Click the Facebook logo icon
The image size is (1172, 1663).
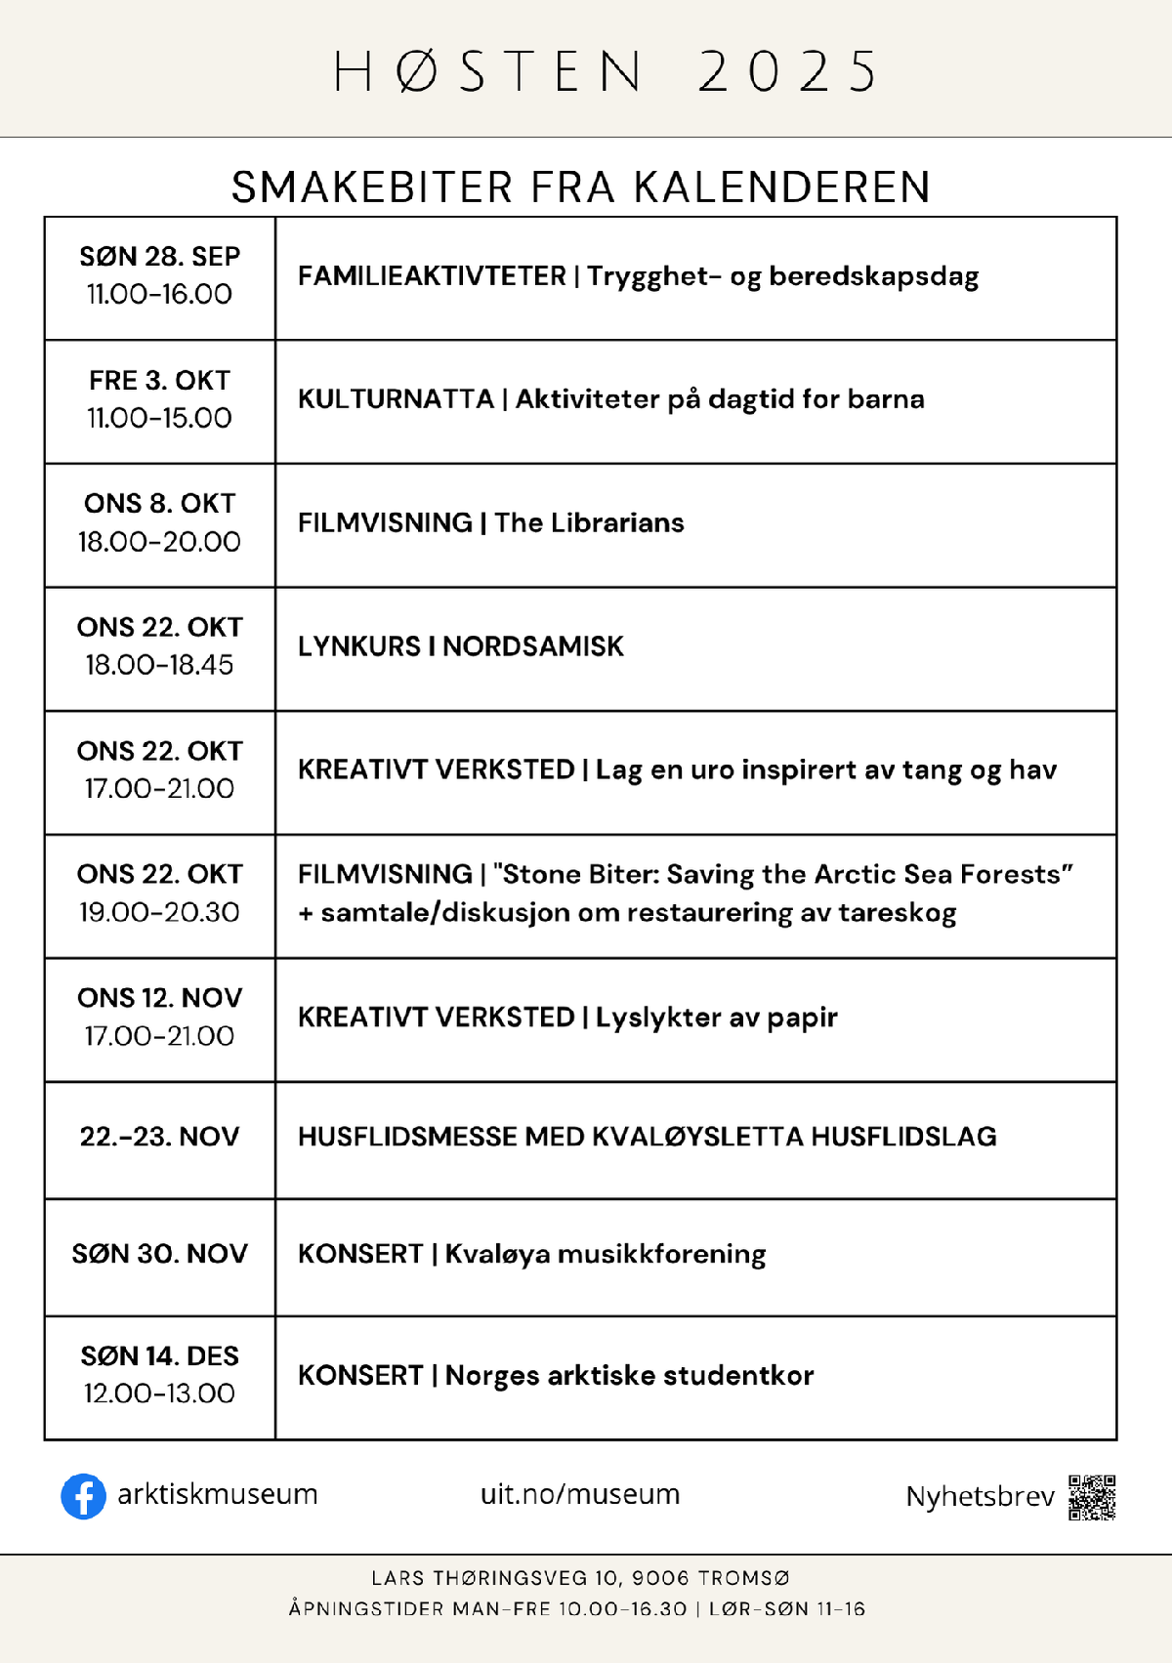[x=83, y=1496]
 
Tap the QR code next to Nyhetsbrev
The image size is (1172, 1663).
[x=1092, y=1498]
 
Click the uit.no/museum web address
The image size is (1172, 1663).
[x=580, y=1494]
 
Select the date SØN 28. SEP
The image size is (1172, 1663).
[x=159, y=257]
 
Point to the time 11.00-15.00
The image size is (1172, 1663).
[x=159, y=418]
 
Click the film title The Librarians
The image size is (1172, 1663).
[x=589, y=523]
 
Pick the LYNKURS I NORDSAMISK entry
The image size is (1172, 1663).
[x=460, y=646]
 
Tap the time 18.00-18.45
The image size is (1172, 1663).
[x=159, y=665]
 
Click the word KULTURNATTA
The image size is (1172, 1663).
[x=396, y=399]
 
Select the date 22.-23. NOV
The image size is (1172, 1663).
[x=159, y=1137]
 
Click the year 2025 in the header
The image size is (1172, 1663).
[x=787, y=71]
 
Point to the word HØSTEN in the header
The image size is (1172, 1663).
[x=488, y=71]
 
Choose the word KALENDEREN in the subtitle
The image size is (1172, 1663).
[x=782, y=187]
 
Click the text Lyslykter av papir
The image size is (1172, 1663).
[x=716, y=1018]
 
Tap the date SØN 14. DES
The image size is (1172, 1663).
[x=159, y=1356]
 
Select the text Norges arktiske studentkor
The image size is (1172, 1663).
[x=629, y=1376]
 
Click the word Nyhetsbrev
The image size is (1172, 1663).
[x=980, y=1497]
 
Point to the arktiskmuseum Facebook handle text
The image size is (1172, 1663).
[x=217, y=1494]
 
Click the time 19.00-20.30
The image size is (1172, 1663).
[x=159, y=912]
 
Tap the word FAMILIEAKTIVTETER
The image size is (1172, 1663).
[x=432, y=276]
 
